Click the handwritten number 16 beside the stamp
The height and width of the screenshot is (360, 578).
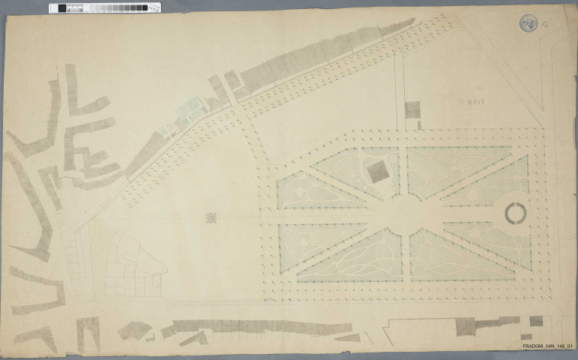[547, 25]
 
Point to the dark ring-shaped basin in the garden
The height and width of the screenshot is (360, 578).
[517, 214]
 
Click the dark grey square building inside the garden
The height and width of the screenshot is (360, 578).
[378, 172]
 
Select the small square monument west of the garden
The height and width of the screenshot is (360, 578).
[211, 218]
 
